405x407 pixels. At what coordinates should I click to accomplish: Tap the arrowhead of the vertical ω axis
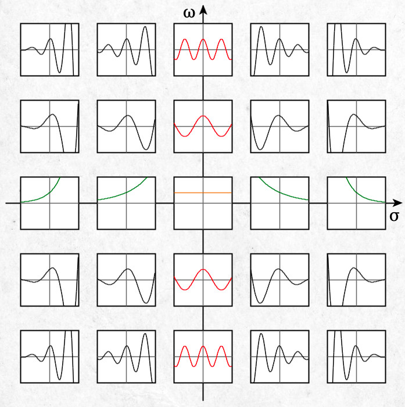(x=203, y=10)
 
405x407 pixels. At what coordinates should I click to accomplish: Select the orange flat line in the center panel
(x=203, y=192)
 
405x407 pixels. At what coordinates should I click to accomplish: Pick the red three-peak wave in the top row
(x=203, y=49)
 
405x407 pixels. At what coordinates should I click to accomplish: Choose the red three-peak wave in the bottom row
(x=203, y=356)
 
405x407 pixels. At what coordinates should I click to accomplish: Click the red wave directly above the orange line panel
(x=203, y=126)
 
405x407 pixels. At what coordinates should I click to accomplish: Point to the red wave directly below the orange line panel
(x=203, y=280)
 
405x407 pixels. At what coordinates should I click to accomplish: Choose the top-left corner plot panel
(x=49, y=49)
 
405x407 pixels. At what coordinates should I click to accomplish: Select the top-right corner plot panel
(x=356, y=49)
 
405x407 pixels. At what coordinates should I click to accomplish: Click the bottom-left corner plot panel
(x=49, y=356)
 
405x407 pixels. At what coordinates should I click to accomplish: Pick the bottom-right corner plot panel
(x=356, y=356)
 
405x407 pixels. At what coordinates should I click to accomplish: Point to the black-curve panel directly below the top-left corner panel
(x=49, y=126)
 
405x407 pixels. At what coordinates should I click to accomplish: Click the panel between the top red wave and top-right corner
(x=279, y=49)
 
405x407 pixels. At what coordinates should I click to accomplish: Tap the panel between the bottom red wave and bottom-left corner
(x=126, y=356)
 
